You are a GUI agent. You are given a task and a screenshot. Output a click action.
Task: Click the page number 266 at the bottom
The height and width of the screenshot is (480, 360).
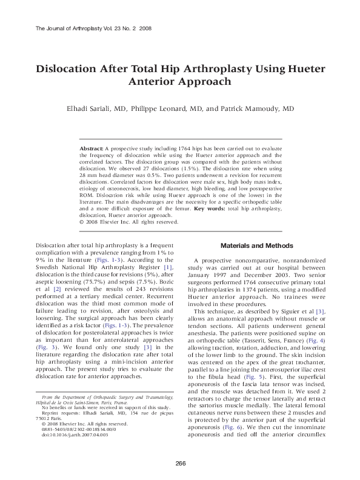click(x=180, y=464)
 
